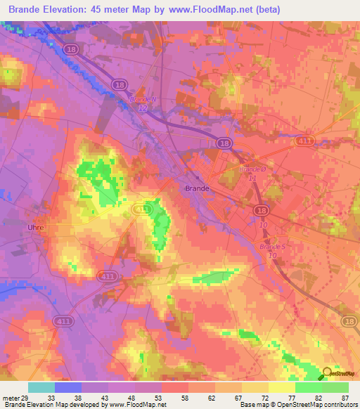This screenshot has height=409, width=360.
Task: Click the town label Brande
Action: click(197, 188)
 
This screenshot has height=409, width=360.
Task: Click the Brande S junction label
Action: click(272, 247)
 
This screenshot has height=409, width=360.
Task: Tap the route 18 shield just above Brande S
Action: click(262, 210)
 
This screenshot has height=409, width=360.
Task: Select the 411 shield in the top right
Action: click(304, 141)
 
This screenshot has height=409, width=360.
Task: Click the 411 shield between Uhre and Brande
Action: click(143, 209)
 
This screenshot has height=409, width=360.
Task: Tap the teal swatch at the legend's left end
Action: click(41, 387)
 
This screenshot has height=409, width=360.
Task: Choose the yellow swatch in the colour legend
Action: click(282, 387)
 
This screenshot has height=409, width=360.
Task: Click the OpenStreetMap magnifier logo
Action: click(328, 373)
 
